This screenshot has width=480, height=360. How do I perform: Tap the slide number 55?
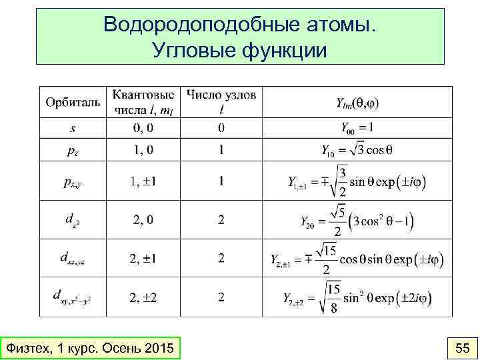click(461, 348)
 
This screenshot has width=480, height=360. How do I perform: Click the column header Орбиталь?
click(73, 103)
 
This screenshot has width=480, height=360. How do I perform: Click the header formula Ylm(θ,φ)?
click(357, 103)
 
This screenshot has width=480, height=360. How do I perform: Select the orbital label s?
click(73, 127)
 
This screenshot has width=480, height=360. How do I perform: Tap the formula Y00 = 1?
click(357, 127)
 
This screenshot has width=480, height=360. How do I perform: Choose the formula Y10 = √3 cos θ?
click(357, 151)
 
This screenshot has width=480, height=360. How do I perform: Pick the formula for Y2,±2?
click(357, 296)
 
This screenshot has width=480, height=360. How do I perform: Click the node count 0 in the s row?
click(221, 127)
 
